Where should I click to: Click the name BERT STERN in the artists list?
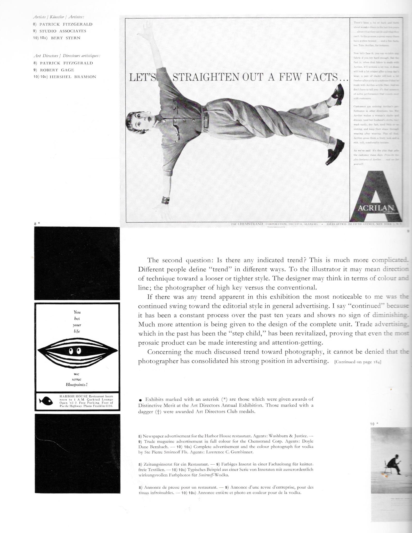click(x=66, y=38)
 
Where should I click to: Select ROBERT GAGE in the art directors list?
click(x=57, y=70)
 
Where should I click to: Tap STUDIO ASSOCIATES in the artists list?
click(x=63, y=31)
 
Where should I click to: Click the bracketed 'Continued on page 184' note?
click(x=358, y=362)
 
